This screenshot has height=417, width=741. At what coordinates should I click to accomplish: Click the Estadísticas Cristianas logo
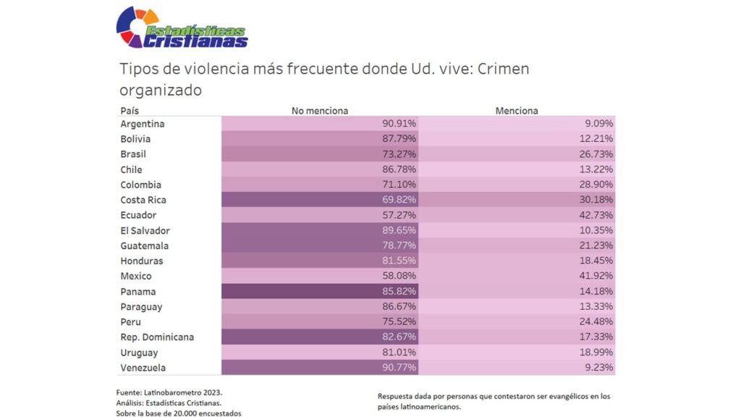(182, 28)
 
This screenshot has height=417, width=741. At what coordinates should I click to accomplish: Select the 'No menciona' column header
(320, 111)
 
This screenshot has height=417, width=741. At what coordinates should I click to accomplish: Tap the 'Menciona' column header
(517, 111)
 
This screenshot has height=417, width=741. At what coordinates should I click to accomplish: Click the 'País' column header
(130, 111)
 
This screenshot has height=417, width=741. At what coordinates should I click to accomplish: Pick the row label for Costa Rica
(143, 200)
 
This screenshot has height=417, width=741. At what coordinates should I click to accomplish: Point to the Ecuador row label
(138, 215)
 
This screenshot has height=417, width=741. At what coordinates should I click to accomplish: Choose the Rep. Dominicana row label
(157, 337)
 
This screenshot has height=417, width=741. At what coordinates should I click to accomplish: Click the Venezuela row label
(143, 368)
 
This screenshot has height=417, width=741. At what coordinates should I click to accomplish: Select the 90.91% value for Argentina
(399, 124)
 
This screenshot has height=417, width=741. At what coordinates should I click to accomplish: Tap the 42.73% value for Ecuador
(597, 215)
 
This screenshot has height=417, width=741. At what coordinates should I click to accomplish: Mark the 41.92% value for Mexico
(597, 276)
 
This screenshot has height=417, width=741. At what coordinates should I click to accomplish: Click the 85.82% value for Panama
(399, 292)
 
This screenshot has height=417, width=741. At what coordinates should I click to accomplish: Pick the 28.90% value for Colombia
(597, 185)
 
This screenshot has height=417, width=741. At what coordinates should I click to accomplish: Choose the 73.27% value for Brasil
(399, 154)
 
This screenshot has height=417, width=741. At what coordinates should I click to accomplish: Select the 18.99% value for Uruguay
(597, 353)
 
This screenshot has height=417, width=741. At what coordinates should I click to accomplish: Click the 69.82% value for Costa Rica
(399, 200)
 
